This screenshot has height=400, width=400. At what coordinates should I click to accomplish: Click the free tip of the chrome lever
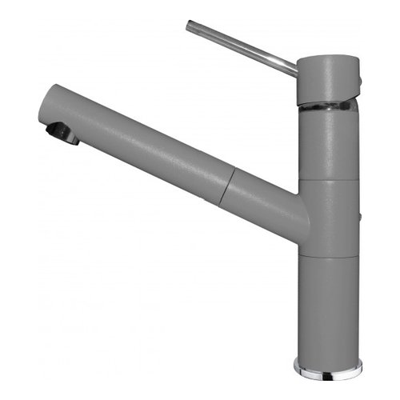[x=190, y=26]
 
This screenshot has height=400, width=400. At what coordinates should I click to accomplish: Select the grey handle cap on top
[x=326, y=78]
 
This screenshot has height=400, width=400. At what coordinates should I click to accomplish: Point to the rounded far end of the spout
[x=43, y=108]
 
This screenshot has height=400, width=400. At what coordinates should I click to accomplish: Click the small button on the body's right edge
[x=358, y=217]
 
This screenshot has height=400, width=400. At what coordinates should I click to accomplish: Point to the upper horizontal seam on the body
[x=328, y=180]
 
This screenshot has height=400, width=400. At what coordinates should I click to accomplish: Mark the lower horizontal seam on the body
[x=328, y=258]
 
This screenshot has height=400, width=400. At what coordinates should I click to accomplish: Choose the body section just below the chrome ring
[x=328, y=144]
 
